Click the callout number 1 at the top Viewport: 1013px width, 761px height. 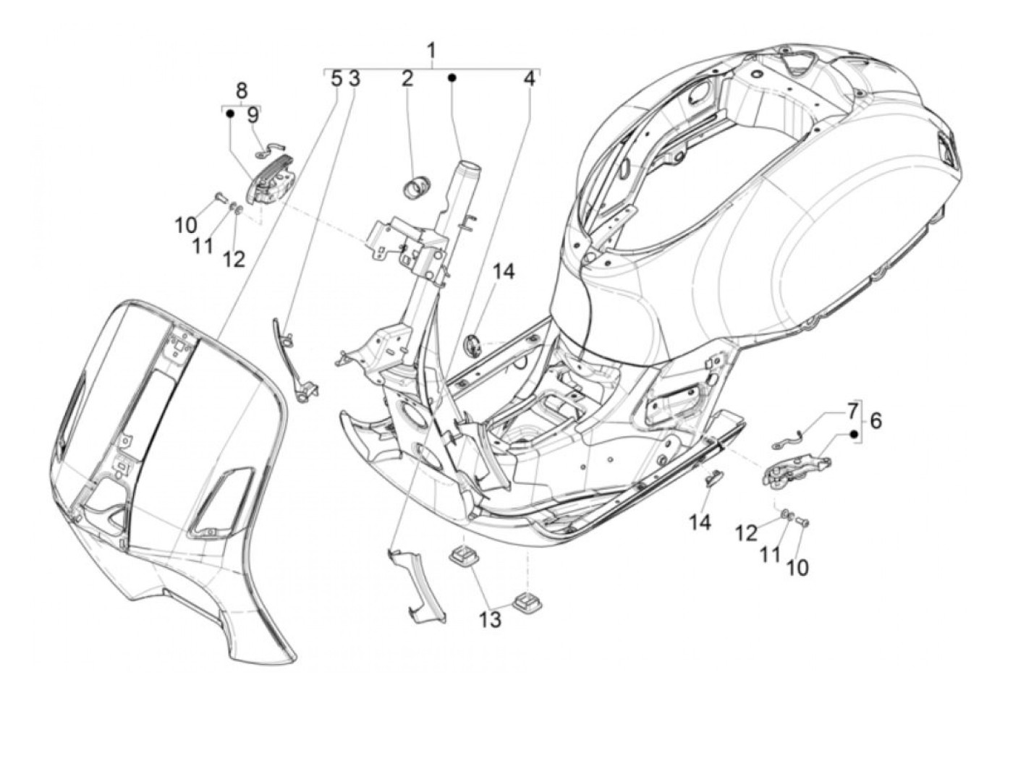[431, 51]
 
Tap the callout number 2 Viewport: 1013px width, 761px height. [407, 78]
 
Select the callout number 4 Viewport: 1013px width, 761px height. [530, 78]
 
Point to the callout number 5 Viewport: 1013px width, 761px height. [336, 78]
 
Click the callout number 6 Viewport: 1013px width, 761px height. [876, 420]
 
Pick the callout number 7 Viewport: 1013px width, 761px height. [852, 411]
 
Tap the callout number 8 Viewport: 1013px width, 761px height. [241, 90]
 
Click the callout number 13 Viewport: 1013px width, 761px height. [490, 619]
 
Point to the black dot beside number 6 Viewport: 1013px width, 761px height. [854, 434]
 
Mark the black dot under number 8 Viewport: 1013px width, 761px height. [229, 114]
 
